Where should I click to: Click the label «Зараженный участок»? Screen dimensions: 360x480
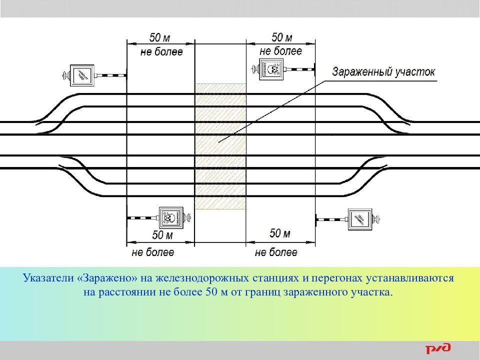coord(383,71)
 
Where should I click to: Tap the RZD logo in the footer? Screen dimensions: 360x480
coord(438,349)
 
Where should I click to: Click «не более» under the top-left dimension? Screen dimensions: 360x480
coord(161,51)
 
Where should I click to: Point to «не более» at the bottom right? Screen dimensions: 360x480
coord(276,252)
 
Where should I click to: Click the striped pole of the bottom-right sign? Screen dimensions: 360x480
coord(331,218)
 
